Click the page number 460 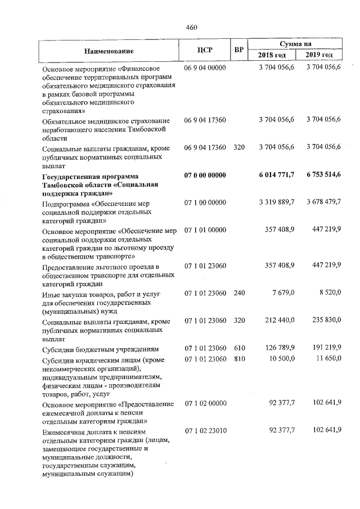191,27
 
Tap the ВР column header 238,50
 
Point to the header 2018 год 272,55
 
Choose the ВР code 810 238,359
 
